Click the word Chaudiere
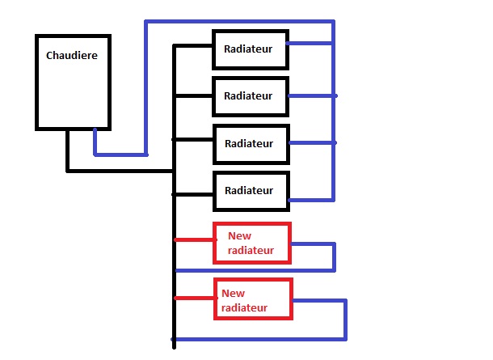coord(73,56)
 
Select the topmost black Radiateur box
coord(250,49)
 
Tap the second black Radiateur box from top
coord(250,96)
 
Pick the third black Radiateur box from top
coord(250,143)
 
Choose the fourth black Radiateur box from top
coord(250,191)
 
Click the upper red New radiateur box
coord(251,243)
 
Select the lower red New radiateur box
coord(252,299)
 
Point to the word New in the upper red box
coord(239,235)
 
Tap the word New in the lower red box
coord(233,293)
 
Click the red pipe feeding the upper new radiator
coord(195,239)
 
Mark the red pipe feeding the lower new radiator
coord(195,299)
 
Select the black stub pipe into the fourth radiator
coord(194,194)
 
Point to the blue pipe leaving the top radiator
coord(311,44)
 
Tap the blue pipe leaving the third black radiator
coord(311,143)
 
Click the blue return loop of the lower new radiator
coord(345,320)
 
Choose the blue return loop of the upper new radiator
coord(334,256)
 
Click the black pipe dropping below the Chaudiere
coord(68,150)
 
